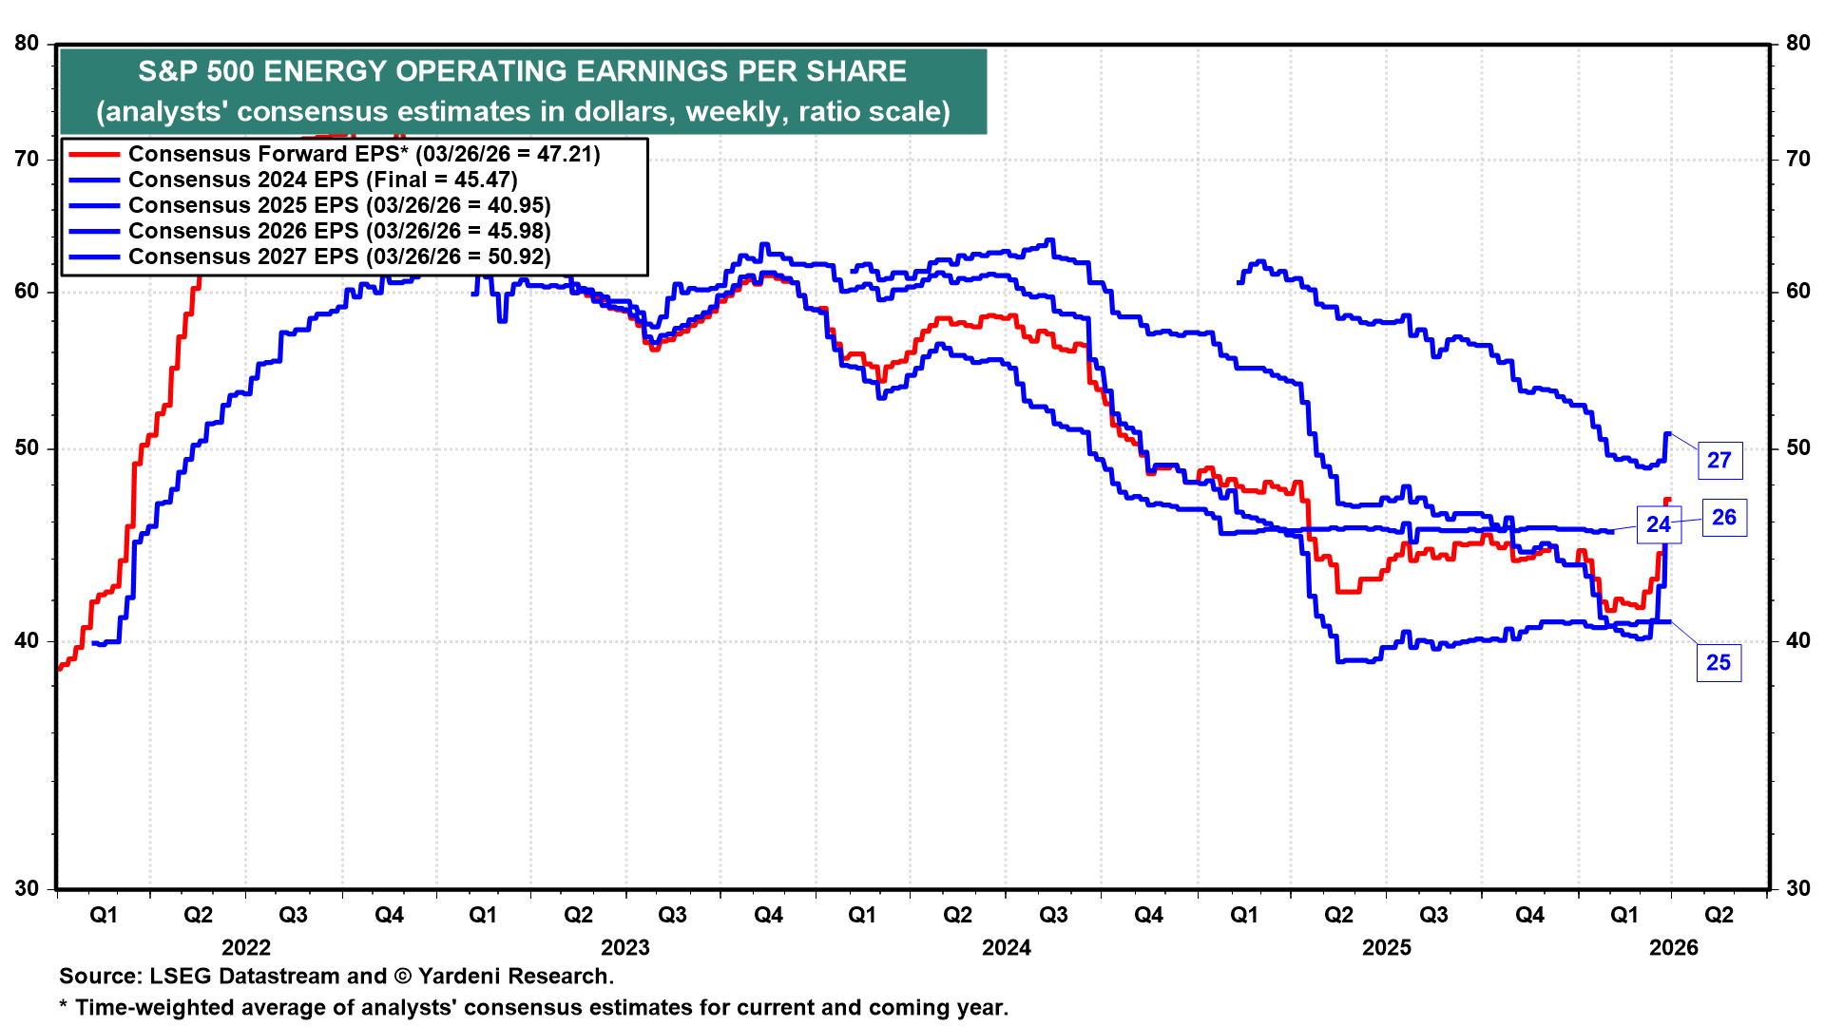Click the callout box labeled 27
click(1719, 461)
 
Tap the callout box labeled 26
click(1724, 518)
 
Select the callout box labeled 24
click(1659, 524)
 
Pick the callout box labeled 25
click(1719, 663)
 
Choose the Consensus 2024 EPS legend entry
click(323, 180)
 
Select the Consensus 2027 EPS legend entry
click(339, 256)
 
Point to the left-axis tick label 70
click(28, 159)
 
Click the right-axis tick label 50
click(1798, 448)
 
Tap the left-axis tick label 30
click(28, 889)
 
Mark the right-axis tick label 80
click(1798, 44)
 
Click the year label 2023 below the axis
click(625, 947)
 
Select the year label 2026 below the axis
click(1674, 947)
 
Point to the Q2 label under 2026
click(1719, 915)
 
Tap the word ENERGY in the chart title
click(322, 71)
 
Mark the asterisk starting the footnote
click(64, 1006)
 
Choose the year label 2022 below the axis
click(246, 947)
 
